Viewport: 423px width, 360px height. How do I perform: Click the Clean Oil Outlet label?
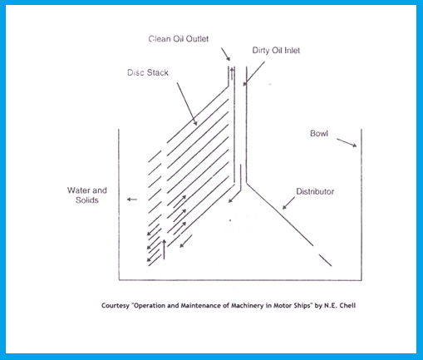click(179, 39)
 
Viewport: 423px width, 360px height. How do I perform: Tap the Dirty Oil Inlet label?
click(276, 51)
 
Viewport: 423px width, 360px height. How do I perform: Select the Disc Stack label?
click(148, 72)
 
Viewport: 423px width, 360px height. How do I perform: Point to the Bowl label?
click(319, 134)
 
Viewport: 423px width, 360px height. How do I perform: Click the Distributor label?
click(315, 191)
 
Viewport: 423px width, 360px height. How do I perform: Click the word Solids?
click(87, 200)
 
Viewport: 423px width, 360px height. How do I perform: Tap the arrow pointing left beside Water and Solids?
click(132, 200)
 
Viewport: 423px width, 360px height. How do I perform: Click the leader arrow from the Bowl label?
click(347, 142)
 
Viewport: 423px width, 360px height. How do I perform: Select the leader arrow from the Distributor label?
click(288, 203)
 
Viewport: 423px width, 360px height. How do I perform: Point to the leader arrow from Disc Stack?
click(187, 104)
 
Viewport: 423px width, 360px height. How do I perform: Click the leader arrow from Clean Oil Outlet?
click(225, 54)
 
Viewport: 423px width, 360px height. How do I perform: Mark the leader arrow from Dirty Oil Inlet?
click(254, 74)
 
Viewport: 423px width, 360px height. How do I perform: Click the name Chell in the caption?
click(347, 305)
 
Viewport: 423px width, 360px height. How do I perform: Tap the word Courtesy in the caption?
click(116, 306)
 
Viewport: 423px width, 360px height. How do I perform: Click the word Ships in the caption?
click(302, 306)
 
